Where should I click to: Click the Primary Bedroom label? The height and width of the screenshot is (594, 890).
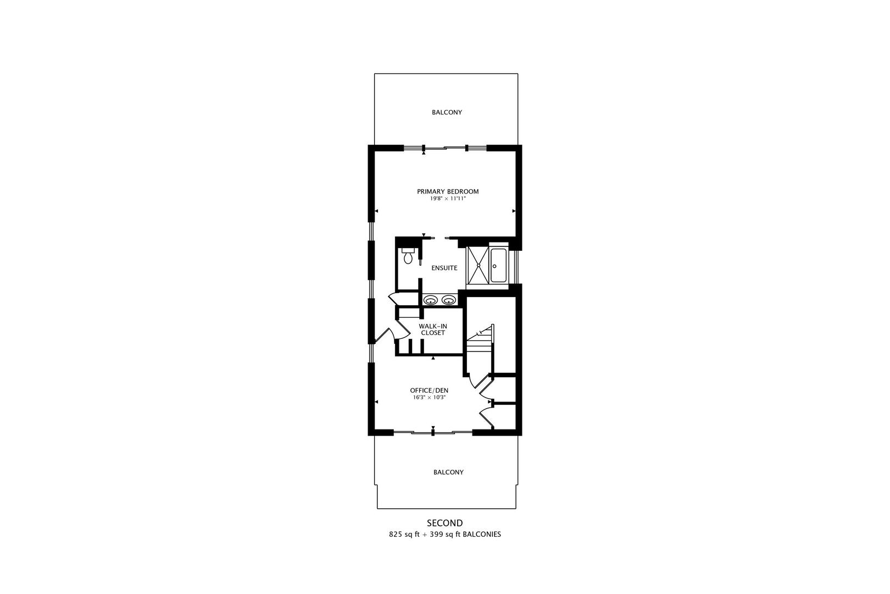(x=448, y=191)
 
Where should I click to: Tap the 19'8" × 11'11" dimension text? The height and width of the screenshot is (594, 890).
(x=448, y=199)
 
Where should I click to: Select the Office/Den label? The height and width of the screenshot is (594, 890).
(x=429, y=391)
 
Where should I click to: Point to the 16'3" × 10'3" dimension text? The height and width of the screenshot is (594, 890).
(x=429, y=398)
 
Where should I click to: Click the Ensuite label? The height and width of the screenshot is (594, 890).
(x=444, y=268)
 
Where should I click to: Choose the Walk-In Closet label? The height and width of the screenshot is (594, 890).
(x=433, y=329)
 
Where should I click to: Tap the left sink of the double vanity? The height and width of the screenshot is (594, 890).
(x=431, y=300)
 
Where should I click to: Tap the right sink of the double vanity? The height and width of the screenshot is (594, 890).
(x=449, y=300)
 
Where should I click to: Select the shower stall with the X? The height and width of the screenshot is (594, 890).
(x=479, y=265)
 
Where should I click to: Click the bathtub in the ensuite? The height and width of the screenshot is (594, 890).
(x=499, y=265)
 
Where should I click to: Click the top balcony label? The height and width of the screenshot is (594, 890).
(x=447, y=113)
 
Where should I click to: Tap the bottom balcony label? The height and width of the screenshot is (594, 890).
(x=449, y=472)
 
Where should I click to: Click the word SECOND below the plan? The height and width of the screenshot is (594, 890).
(x=445, y=523)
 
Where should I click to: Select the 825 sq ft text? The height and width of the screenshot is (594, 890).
(x=404, y=535)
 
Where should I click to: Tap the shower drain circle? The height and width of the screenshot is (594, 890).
(x=479, y=265)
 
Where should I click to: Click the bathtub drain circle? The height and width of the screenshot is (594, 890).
(x=494, y=266)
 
